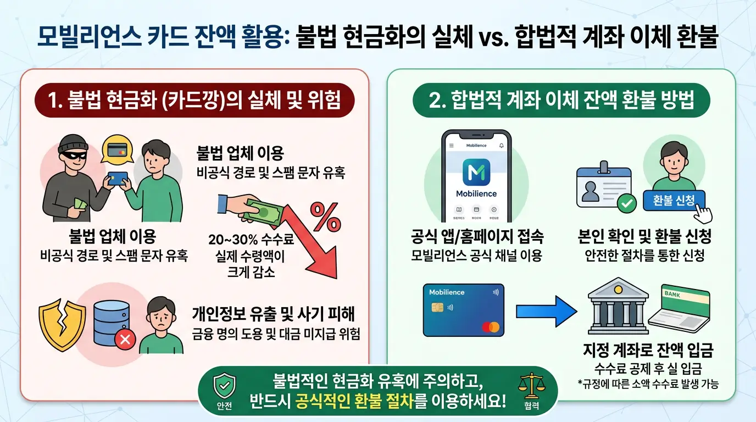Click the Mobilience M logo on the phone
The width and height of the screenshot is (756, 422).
tap(476, 172)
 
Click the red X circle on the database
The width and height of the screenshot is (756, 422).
tap(124, 340)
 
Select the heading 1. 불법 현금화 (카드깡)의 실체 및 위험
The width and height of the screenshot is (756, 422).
tap(194, 101)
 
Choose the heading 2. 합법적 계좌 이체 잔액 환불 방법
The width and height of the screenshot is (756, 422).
tap(561, 101)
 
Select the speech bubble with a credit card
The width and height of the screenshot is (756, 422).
tap(116, 149)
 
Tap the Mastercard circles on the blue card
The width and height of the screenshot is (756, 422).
tap(490, 327)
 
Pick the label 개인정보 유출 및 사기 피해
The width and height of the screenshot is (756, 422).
tap(273, 314)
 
